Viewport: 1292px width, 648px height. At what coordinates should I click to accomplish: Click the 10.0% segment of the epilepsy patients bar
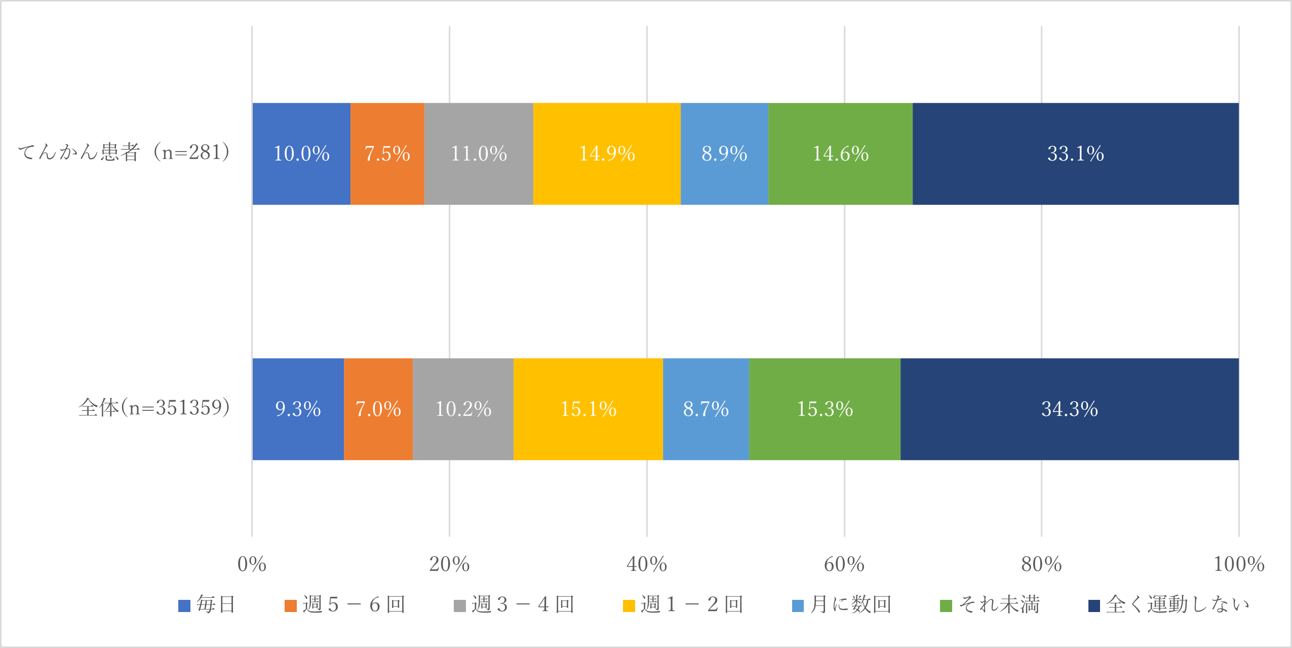(x=301, y=154)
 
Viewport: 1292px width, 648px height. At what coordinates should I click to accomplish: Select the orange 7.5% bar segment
(x=387, y=154)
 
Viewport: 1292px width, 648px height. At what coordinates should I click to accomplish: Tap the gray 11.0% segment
(x=479, y=154)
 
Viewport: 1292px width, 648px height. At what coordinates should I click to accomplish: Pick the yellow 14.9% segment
(x=607, y=154)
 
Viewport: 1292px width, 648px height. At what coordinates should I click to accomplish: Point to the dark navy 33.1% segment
(x=1075, y=154)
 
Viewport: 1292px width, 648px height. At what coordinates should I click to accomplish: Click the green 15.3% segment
(x=825, y=409)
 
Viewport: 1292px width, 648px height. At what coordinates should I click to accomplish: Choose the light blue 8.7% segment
(x=706, y=409)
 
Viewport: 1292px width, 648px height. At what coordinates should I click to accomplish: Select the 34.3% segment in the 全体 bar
(x=1069, y=409)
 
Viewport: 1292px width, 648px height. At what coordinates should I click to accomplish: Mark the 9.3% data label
(x=298, y=409)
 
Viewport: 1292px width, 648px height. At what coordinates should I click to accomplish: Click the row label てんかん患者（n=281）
(x=124, y=152)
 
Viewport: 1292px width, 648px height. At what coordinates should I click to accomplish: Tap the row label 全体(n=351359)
(x=154, y=407)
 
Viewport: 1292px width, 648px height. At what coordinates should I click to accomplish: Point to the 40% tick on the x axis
(x=646, y=564)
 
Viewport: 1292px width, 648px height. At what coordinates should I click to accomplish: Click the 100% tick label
(x=1239, y=564)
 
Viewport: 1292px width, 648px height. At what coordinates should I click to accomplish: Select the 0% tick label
(x=252, y=564)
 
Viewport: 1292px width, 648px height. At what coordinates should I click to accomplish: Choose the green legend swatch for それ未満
(x=946, y=606)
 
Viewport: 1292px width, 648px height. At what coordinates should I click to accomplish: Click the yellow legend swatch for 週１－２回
(x=629, y=606)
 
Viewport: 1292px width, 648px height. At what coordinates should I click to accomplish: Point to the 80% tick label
(x=1041, y=564)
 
